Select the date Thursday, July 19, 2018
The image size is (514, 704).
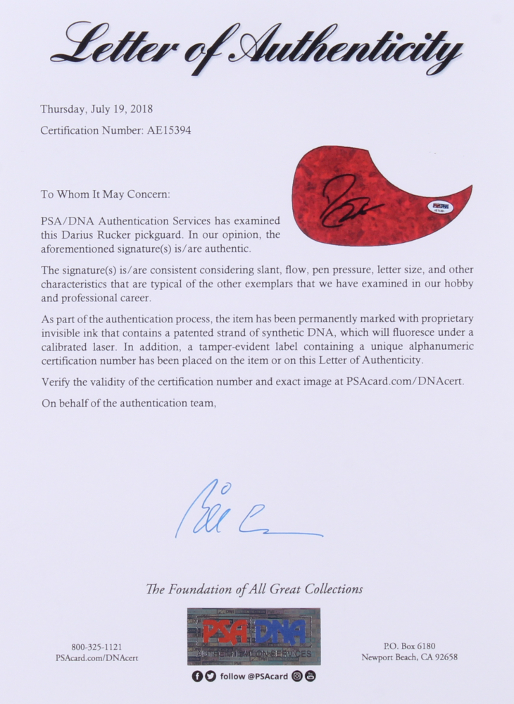[x=96, y=109]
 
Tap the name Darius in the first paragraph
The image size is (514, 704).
[x=82, y=234]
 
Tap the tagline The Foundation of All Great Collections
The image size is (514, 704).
[x=254, y=589]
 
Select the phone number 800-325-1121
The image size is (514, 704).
[x=96, y=647]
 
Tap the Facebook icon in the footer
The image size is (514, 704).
[x=198, y=676]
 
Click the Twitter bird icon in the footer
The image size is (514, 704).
[x=211, y=676]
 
